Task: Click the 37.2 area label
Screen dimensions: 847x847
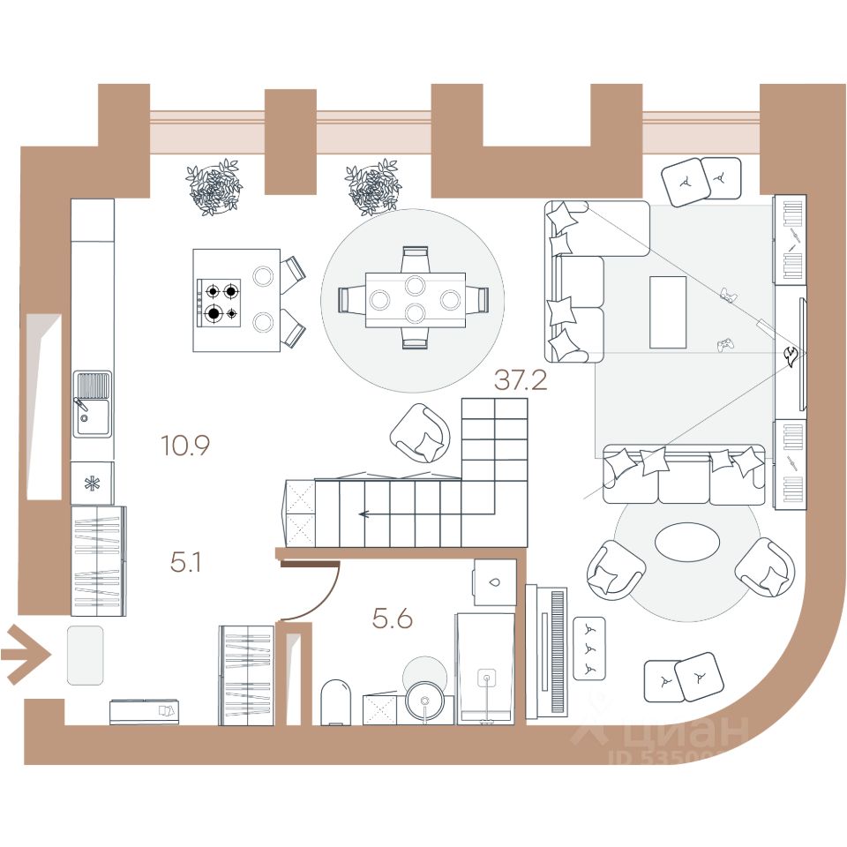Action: (x=521, y=380)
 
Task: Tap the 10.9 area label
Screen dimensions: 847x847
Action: (x=184, y=446)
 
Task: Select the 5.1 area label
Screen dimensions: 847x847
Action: (x=185, y=562)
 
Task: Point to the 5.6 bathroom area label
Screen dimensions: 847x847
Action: (x=392, y=619)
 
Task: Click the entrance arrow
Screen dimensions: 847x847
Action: (x=25, y=654)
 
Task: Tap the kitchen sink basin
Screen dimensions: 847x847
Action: (x=93, y=403)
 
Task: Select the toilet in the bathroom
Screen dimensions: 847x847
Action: (x=336, y=702)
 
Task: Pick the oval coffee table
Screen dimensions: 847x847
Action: (x=687, y=542)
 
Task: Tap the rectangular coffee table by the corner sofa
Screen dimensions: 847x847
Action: (x=667, y=311)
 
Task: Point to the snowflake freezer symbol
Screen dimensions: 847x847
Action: (x=91, y=483)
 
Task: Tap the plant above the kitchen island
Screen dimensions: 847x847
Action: (x=214, y=186)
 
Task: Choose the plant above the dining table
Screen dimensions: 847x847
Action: (x=373, y=186)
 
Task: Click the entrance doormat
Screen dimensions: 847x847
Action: (x=86, y=654)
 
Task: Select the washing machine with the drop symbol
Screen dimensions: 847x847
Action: (x=494, y=582)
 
